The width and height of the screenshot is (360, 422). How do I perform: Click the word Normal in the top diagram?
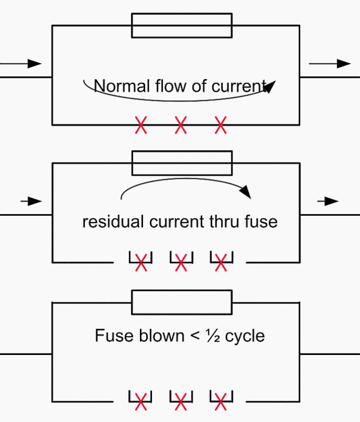(x=122, y=86)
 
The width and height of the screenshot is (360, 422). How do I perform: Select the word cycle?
(x=245, y=337)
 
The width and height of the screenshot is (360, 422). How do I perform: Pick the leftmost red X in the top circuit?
(x=141, y=125)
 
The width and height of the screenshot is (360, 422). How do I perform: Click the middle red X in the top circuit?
(x=181, y=125)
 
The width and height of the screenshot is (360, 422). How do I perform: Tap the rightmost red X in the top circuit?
(x=221, y=125)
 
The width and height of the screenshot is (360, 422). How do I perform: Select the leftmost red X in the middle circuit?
(x=141, y=262)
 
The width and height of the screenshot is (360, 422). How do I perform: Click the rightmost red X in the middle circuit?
(x=221, y=262)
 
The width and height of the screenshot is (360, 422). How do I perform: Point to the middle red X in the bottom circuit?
(x=181, y=402)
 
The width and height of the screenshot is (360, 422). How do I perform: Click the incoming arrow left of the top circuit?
(x=21, y=64)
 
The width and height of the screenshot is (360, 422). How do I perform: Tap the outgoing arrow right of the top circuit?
(x=330, y=64)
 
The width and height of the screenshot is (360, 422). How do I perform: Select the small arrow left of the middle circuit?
(x=31, y=201)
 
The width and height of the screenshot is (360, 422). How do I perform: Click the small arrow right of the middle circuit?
(x=328, y=201)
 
